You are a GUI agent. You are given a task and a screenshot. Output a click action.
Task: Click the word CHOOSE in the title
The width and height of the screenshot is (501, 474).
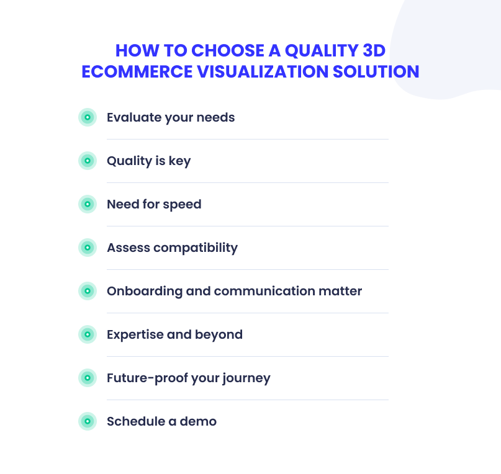point(228,51)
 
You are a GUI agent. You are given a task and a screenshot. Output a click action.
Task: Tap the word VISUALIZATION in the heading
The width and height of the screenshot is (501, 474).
point(263,71)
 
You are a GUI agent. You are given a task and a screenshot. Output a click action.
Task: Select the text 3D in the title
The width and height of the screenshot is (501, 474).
point(374,51)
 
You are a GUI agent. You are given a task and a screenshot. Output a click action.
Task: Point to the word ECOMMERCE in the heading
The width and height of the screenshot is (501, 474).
point(137,71)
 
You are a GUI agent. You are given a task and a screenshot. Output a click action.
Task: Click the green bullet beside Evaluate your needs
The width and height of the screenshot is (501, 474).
point(88,117)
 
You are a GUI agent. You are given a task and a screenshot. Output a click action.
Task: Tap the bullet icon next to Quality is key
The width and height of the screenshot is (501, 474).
point(88,161)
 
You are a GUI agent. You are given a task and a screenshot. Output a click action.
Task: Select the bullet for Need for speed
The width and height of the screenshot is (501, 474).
point(88,204)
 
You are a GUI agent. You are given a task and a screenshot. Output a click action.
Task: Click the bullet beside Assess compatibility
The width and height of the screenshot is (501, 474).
point(88,248)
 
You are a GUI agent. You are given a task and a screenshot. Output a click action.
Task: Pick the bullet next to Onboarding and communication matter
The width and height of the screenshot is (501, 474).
point(88,291)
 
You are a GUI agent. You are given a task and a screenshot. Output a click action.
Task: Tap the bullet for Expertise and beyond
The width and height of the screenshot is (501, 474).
point(88,334)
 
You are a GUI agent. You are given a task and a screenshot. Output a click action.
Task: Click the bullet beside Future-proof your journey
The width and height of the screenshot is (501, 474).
point(88,378)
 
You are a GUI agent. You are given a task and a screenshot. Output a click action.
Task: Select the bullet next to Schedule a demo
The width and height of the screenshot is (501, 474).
point(88,421)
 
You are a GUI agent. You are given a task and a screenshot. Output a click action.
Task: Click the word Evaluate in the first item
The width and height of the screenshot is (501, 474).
point(134,117)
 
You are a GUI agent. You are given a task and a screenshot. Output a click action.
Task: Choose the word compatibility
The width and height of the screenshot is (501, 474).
point(196,248)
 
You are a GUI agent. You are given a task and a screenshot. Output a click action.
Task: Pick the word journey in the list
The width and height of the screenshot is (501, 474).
point(246,379)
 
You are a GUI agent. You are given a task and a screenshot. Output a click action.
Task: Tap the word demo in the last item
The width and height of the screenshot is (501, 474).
point(198,421)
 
